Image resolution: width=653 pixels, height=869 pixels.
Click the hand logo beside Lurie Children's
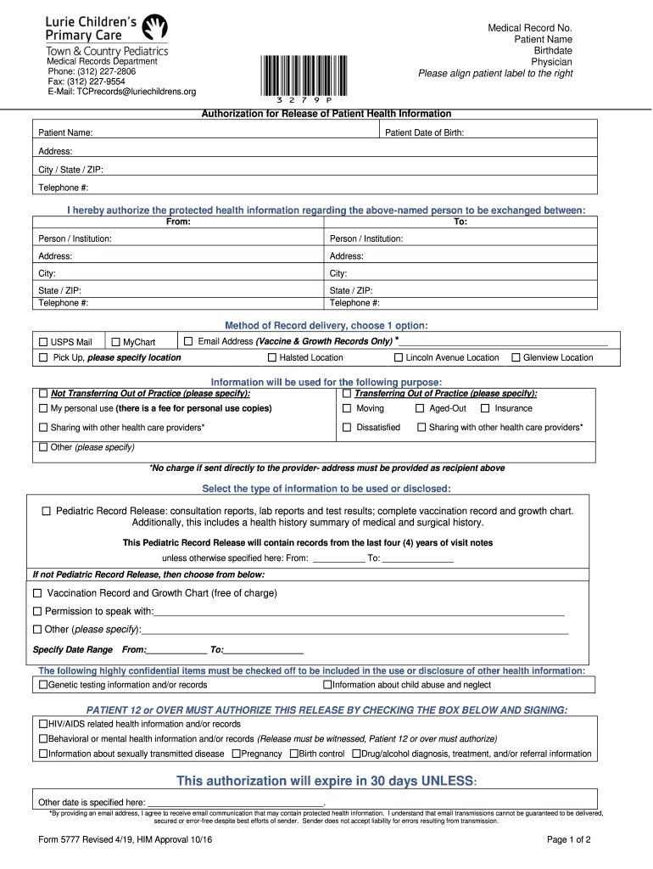pos(154,28)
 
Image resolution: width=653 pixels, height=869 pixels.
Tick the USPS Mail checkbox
pos(43,342)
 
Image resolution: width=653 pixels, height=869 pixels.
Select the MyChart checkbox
pos(116,342)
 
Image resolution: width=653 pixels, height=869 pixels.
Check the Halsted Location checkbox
pos(272,357)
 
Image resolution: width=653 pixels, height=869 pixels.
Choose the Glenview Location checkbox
pos(515,357)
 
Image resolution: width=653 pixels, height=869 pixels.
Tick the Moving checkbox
pos(346,408)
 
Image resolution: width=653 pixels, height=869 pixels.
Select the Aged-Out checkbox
pos(420,408)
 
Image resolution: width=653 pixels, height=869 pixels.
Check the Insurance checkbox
pos(485,408)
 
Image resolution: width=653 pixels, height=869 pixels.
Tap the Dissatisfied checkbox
pos(346,427)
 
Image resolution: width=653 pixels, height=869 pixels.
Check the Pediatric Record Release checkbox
pos(47,511)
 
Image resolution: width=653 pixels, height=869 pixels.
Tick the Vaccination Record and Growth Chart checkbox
pos(37,593)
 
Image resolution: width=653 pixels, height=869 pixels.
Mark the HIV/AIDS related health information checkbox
pos(43,725)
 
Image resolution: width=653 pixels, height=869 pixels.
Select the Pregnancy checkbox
pos(235,754)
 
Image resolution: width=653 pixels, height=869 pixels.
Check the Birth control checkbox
pos(293,754)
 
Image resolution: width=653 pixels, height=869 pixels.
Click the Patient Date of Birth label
pos(424,133)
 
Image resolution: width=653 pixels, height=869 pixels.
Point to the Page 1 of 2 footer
pos(569,840)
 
